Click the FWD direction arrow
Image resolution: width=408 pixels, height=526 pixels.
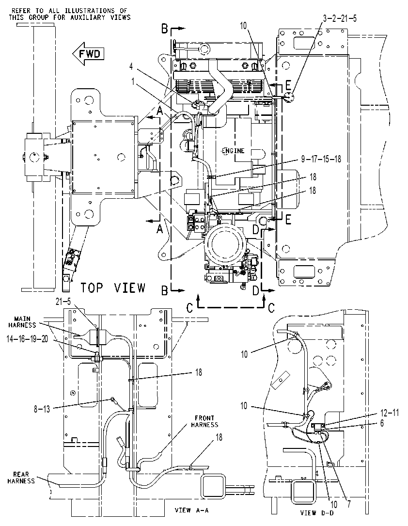88,54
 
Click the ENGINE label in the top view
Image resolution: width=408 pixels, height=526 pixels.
233,151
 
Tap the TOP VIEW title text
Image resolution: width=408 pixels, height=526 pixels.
113,288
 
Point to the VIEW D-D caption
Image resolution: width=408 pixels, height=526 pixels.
317,513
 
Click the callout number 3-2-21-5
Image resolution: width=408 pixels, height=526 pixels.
340,18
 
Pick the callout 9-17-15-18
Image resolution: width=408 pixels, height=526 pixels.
321,159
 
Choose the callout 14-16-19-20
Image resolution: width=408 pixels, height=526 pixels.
27,339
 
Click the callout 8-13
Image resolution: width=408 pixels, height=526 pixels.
42,409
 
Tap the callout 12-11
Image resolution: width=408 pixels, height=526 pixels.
390,413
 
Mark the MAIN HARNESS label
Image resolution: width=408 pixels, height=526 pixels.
22,322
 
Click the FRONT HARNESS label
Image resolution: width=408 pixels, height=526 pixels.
204,421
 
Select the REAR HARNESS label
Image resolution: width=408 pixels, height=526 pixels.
21,478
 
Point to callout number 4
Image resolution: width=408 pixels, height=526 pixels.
131,66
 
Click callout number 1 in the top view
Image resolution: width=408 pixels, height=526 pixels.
133,81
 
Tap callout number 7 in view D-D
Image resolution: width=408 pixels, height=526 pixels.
349,505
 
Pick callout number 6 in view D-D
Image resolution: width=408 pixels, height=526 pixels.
382,423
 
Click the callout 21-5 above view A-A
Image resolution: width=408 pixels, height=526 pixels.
63,303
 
